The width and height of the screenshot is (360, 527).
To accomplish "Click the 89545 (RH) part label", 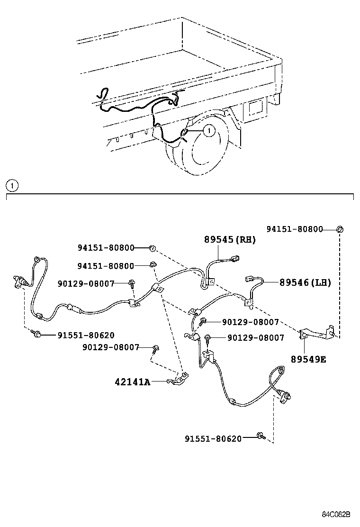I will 230,240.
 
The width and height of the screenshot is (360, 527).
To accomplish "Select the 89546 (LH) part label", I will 305,282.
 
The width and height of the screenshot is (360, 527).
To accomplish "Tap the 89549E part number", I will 308,359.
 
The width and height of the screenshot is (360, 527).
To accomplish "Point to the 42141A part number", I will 132,382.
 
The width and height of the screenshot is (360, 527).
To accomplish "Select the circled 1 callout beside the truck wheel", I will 209,129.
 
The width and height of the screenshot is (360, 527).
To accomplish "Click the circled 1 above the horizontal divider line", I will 12,185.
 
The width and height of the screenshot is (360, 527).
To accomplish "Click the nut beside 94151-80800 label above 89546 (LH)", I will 340,230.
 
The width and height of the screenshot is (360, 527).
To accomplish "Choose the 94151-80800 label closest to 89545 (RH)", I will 106,247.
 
